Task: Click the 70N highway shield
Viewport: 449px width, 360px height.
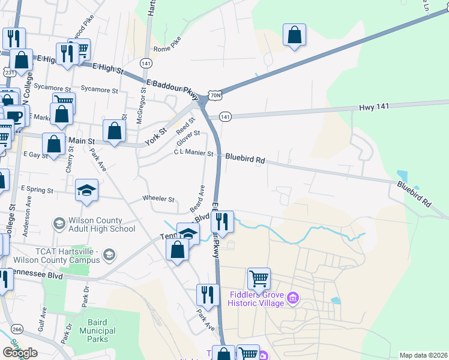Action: (x=216, y=94)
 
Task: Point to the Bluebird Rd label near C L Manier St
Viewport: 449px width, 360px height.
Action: (x=245, y=160)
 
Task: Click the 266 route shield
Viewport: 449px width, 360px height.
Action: (x=17, y=329)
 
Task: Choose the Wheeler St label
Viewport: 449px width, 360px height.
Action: (x=158, y=199)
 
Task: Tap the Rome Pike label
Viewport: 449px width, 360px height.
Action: (x=167, y=49)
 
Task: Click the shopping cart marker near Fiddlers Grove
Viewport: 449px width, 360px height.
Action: (x=259, y=278)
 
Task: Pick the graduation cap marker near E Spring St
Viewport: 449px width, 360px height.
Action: (x=86, y=191)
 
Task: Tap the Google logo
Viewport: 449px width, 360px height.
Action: (x=20, y=353)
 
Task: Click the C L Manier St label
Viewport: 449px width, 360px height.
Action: (x=193, y=154)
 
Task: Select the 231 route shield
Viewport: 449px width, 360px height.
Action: (x=8, y=72)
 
